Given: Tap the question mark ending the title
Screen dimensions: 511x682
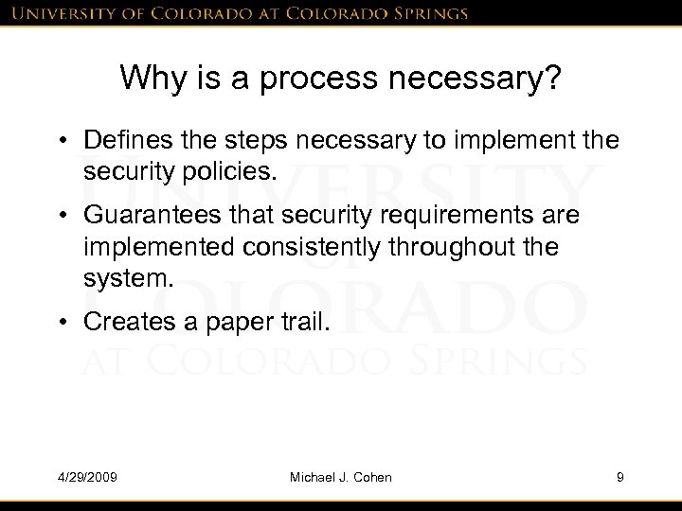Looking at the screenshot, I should tap(553, 79).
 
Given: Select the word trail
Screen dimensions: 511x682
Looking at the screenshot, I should tap(302, 323).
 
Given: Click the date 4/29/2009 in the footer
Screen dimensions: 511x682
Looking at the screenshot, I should tap(87, 477).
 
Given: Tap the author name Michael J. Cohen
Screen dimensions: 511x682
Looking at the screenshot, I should tap(340, 477).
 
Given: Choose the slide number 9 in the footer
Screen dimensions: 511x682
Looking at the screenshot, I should tap(619, 477).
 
